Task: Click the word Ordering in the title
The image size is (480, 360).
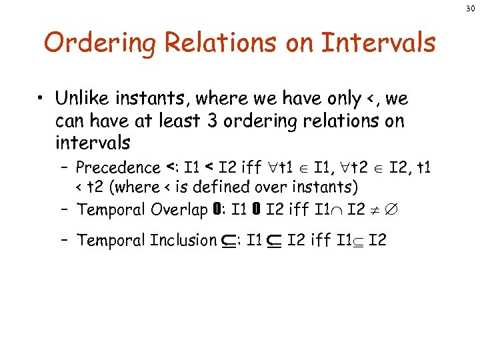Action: click(x=99, y=44)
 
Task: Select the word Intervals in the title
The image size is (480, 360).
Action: click(x=378, y=44)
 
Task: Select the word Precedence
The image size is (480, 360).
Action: click(x=118, y=167)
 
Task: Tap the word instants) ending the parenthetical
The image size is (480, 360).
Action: click(x=325, y=187)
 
